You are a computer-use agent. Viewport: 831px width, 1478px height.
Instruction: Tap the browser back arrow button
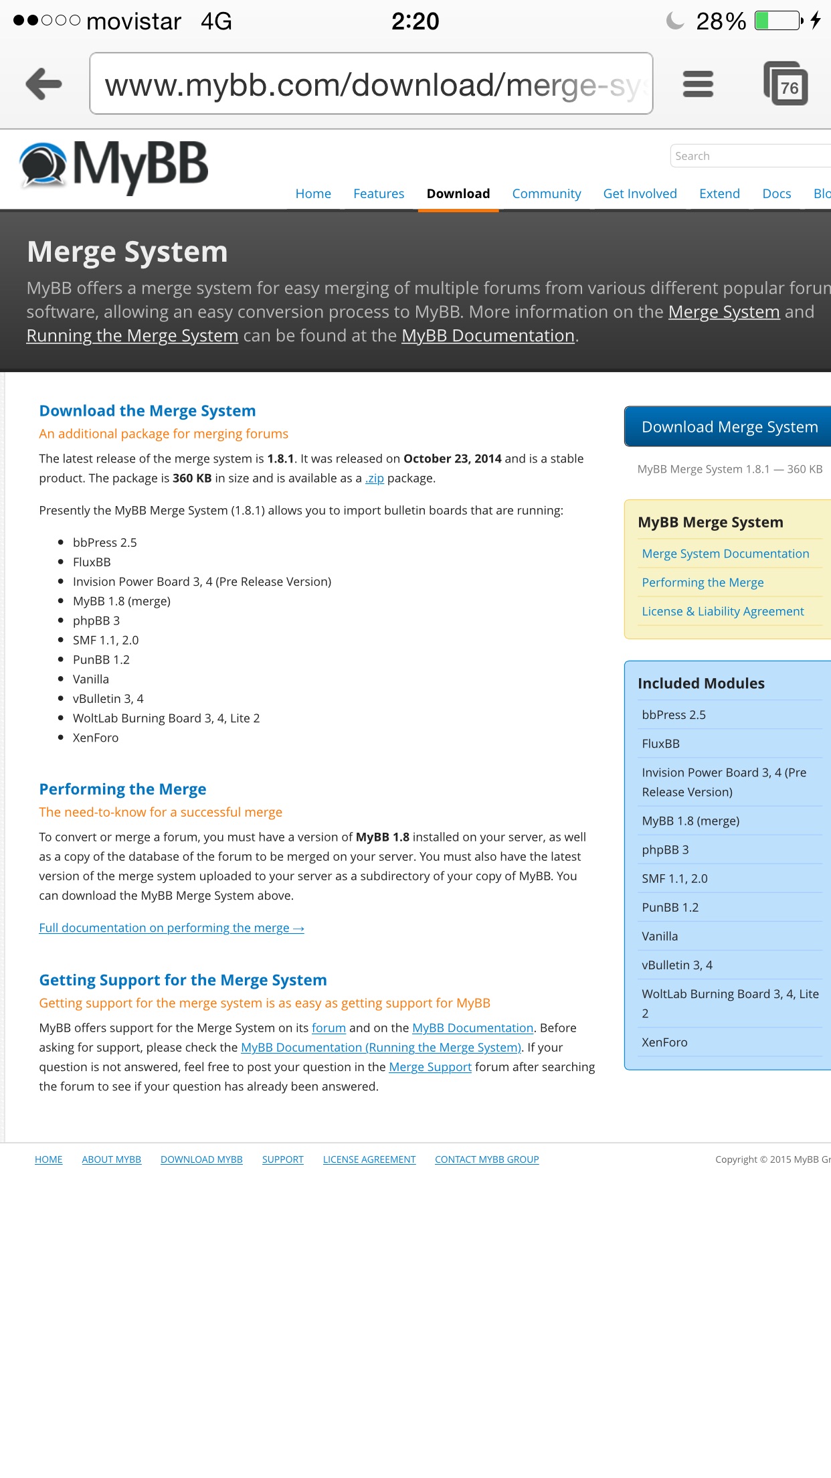pos(44,84)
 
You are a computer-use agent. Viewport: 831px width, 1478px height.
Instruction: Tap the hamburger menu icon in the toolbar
pos(698,84)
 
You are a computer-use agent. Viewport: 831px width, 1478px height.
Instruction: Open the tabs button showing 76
pos(786,84)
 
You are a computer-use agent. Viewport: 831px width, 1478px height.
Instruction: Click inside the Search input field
pos(749,156)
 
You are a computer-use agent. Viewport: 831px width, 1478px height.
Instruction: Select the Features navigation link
pos(379,193)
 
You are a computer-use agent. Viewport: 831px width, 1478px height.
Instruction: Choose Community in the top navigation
pos(547,193)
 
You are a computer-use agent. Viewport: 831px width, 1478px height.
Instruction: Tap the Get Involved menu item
pos(640,193)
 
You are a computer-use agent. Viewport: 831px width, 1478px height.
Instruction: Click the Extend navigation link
pos(719,193)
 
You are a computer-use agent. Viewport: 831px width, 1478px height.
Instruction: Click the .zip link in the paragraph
pos(375,478)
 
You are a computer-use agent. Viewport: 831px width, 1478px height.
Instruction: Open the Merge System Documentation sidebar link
pos(725,554)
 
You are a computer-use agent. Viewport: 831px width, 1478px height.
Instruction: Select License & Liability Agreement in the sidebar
pos(723,611)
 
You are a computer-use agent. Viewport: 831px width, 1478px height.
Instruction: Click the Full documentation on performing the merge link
pos(171,928)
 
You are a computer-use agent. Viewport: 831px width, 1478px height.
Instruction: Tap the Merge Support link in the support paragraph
pos(430,1067)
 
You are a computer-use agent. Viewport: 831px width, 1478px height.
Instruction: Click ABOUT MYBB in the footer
pos(111,1159)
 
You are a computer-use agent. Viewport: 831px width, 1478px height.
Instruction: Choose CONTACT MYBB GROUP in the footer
pos(486,1159)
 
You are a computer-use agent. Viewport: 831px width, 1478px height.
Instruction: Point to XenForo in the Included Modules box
pos(664,1042)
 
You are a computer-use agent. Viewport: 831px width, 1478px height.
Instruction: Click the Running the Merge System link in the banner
pos(132,335)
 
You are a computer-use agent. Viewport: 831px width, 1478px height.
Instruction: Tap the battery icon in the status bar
pos(779,21)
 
